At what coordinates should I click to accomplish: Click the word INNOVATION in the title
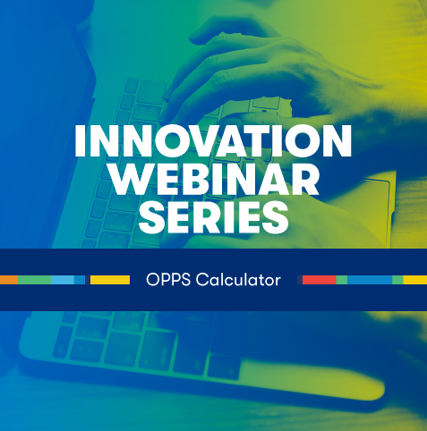coord(213,140)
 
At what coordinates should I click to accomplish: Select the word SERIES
coord(213,217)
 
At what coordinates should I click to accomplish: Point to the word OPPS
coord(168,280)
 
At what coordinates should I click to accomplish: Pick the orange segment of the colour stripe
coord(9,280)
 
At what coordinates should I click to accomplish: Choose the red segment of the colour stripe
coord(320,280)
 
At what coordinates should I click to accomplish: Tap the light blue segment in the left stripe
coord(63,280)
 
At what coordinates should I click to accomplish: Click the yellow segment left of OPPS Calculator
coord(110,280)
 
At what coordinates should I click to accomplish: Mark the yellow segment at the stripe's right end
coord(415,280)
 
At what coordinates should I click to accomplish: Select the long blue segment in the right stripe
coord(370,280)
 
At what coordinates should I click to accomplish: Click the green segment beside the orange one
coord(35,280)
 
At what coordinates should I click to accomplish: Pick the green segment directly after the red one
coord(342,280)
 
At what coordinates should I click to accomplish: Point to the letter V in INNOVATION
coord(198,140)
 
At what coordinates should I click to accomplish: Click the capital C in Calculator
coord(202,280)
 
